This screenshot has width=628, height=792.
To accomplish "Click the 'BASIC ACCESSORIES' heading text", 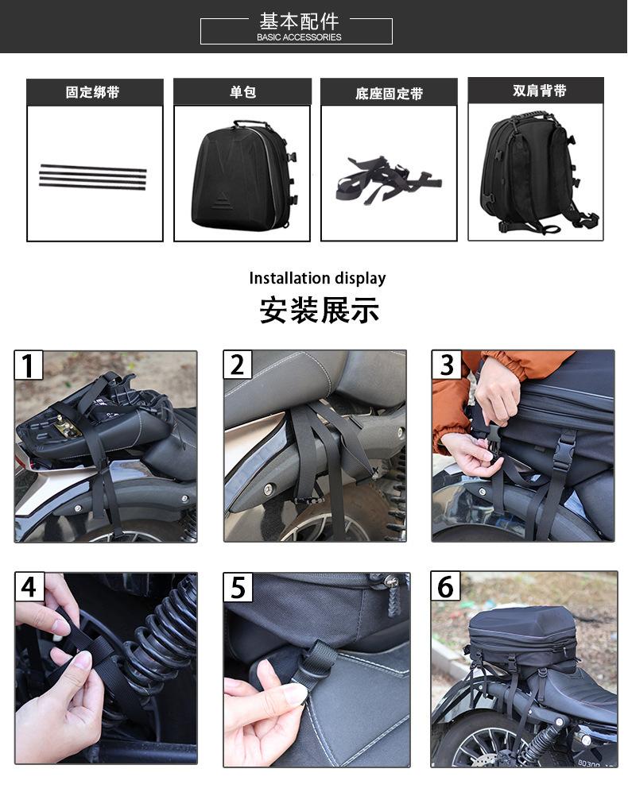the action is click(x=299, y=37).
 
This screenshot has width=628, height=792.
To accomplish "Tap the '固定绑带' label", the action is click(x=92, y=92).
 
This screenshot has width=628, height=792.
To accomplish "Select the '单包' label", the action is click(x=242, y=91).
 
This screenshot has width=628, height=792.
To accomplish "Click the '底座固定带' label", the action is click(x=389, y=94).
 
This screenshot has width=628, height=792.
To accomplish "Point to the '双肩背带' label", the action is click(x=539, y=91).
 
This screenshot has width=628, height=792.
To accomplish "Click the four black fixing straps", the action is click(x=93, y=177).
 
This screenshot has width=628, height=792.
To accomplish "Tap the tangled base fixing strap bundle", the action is click(x=387, y=180).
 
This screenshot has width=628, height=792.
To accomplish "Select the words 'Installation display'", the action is click(x=317, y=278).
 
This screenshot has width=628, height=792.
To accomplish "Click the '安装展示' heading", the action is click(x=319, y=310).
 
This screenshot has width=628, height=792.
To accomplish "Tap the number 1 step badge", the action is click(x=29, y=365).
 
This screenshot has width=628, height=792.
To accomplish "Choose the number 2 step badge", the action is click(x=237, y=364).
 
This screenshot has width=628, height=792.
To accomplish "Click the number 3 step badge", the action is click(x=446, y=364).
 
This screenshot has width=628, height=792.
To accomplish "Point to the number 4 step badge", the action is click(x=29, y=587).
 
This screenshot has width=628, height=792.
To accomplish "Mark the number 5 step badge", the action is click(x=238, y=587).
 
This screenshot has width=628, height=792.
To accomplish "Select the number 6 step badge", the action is click(x=445, y=586).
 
